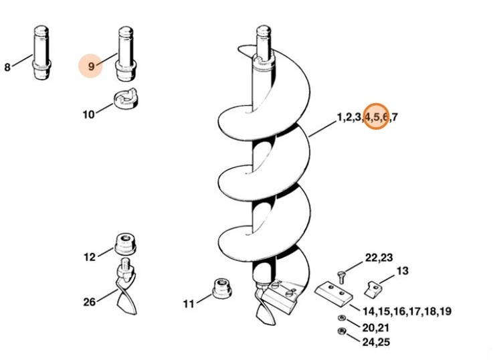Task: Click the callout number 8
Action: click(x=7, y=67)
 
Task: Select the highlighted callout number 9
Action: click(x=91, y=66)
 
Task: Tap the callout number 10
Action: click(x=88, y=114)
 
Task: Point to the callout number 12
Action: click(x=90, y=256)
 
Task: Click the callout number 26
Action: click(x=90, y=302)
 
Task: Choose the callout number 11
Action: click(x=189, y=304)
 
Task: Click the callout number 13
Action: click(x=402, y=270)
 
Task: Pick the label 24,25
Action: click(x=377, y=342)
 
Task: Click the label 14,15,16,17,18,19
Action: click(x=406, y=311)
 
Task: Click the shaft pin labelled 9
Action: click(x=126, y=52)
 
